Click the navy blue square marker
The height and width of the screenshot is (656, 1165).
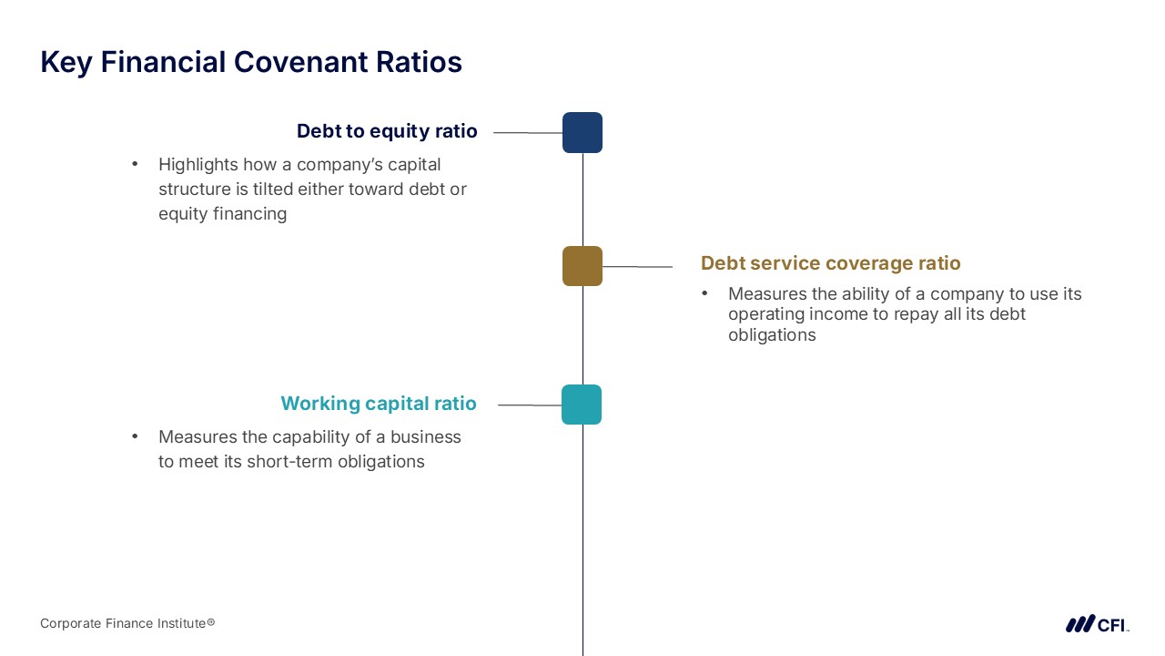click(x=582, y=132)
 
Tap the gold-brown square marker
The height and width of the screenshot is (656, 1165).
click(x=582, y=266)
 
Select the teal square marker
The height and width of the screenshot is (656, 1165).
click(x=582, y=405)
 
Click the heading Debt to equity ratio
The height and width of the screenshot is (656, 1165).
click(x=387, y=132)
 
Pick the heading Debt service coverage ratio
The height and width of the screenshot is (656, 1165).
click(x=831, y=263)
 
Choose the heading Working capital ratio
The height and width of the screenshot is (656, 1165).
click(x=379, y=404)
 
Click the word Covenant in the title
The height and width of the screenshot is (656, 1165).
click(x=300, y=62)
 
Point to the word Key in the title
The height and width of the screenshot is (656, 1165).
click(x=66, y=63)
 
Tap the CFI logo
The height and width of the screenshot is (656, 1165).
click(x=1098, y=624)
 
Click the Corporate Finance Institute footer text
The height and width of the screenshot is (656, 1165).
click(x=127, y=623)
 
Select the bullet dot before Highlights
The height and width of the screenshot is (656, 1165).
click(x=135, y=164)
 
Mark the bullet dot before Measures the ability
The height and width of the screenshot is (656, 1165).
click(x=704, y=293)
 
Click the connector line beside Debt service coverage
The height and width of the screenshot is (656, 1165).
click(x=638, y=267)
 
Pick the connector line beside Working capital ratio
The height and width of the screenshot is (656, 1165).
click(x=530, y=405)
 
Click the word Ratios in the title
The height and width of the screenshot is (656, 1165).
click(x=419, y=62)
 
